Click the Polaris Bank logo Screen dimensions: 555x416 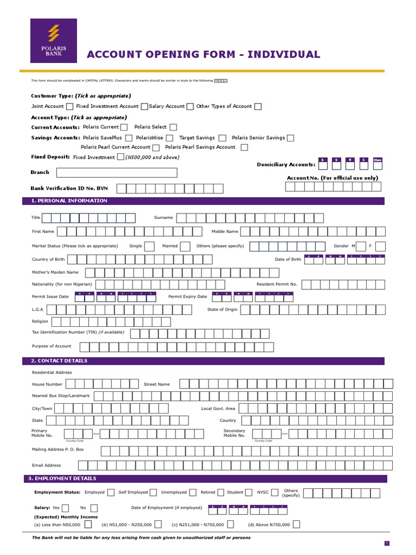54,41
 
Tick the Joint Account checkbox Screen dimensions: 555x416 69,107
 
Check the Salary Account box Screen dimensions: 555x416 190,107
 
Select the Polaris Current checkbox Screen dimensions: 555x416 124,127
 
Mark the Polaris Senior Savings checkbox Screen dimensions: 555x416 291,138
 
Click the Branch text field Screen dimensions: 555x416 116,173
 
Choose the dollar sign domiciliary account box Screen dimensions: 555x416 323,160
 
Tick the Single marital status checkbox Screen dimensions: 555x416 149,246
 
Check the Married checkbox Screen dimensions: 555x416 185,246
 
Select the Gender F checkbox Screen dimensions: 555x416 380,246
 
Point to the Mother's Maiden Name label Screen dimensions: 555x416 55,272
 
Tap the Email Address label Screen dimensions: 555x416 47,465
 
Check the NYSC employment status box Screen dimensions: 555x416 275,493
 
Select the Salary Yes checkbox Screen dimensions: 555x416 66,508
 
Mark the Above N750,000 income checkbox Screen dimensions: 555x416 296,524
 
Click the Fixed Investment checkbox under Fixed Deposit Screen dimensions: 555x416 120,157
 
